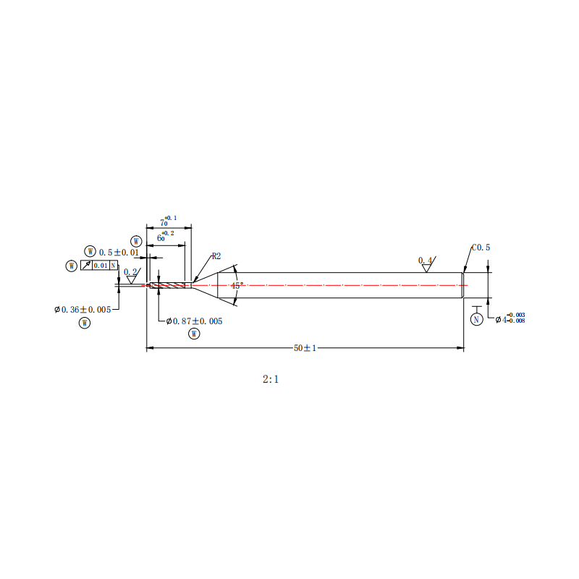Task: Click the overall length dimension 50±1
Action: (x=305, y=348)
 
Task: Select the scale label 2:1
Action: (x=271, y=379)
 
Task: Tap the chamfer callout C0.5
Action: (x=481, y=248)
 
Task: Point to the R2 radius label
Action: (x=216, y=256)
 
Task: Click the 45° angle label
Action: (x=237, y=285)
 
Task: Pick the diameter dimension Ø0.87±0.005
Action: (x=194, y=321)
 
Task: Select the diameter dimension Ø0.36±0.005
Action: (x=83, y=310)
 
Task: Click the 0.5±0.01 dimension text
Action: (x=119, y=253)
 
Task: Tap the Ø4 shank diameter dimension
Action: (x=510, y=318)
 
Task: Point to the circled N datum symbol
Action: (x=476, y=319)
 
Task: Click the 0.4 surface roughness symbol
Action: (x=427, y=263)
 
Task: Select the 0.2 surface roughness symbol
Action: (x=132, y=276)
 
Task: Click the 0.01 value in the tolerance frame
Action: (x=101, y=266)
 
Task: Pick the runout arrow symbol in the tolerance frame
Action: (x=86, y=265)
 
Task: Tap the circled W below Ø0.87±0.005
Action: (x=194, y=334)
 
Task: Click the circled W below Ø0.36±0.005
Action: (x=85, y=323)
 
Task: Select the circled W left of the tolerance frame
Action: (x=71, y=266)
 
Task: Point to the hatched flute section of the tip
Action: (x=168, y=285)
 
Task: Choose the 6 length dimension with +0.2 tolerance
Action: (x=166, y=237)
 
